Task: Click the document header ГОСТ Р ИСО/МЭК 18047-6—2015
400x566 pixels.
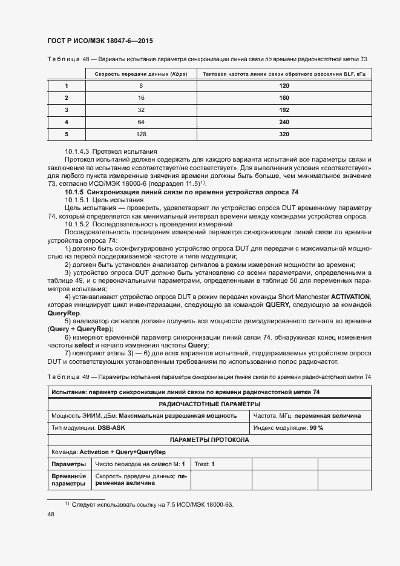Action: tap(100, 41)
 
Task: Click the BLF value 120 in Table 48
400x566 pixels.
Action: tap(284, 86)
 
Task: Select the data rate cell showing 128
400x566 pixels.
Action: tap(141, 134)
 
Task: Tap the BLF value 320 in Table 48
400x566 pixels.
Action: tap(284, 134)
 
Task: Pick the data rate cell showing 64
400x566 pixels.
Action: tap(141, 122)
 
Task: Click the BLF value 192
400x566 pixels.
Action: tap(284, 110)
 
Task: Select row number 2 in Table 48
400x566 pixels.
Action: tap(67, 98)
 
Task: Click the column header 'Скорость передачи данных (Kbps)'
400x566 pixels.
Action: tap(141, 74)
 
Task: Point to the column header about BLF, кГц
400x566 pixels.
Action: tap(284, 74)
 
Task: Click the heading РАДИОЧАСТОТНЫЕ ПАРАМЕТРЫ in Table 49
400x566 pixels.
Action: tap(209, 404)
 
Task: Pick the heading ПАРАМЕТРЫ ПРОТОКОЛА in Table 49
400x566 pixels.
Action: tap(209, 440)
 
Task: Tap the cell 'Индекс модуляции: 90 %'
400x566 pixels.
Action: tap(289, 428)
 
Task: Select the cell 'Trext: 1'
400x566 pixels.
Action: tap(205, 464)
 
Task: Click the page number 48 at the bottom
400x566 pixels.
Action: tap(51, 514)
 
